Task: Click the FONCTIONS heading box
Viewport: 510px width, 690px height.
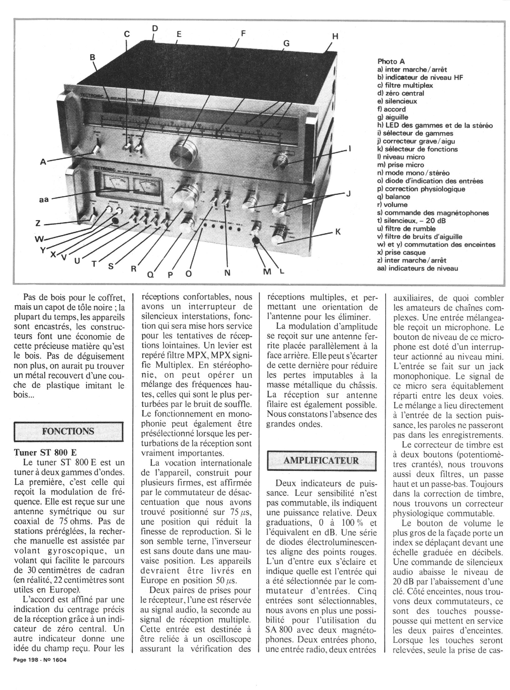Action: (x=68, y=431)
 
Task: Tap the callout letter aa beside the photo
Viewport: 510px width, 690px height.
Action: (x=44, y=199)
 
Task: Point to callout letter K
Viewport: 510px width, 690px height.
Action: (x=338, y=232)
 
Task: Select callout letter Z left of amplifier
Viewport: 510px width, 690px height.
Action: (x=38, y=223)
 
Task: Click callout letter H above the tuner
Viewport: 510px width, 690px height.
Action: (x=335, y=37)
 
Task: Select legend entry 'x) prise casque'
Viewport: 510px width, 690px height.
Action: (x=401, y=252)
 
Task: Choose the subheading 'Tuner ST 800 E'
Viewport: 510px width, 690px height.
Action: (x=46, y=452)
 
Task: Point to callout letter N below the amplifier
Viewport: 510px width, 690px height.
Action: (x=227, y=273)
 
